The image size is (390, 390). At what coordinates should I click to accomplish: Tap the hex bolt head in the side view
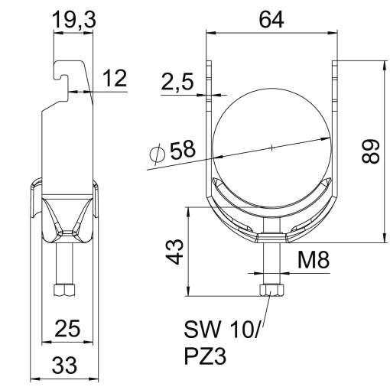pyautogui.click(x=64, y=291)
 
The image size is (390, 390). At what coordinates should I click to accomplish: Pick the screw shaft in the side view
pyautogui.click(x=64, y=264)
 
